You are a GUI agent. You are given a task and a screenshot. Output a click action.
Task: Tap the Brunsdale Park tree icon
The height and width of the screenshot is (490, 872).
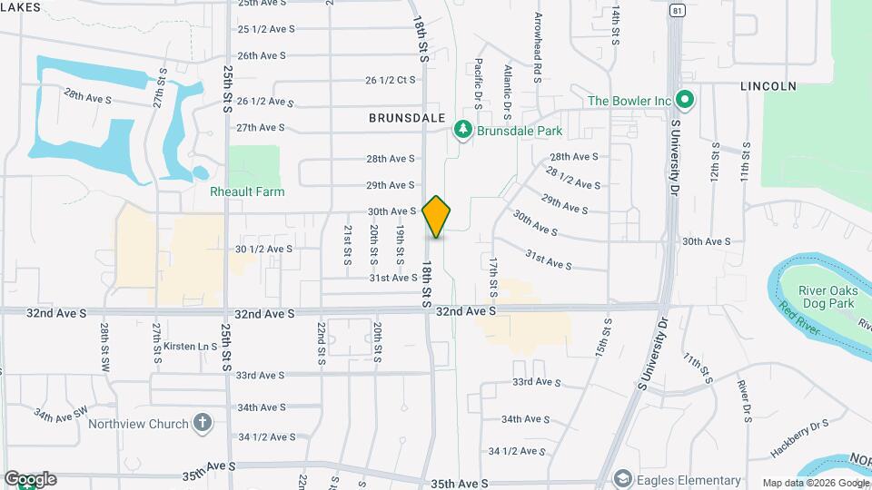[x=464, y=131]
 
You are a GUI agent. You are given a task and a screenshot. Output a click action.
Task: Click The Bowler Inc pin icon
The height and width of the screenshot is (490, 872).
[x=686, y=100]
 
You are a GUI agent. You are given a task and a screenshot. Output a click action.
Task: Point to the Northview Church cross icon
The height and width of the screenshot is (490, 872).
[x=202, y=423]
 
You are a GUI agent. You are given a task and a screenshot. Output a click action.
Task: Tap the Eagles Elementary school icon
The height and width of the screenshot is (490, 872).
[x=622, y=479]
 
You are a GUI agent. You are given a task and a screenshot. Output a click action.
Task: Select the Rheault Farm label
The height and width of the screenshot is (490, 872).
[x=247, y=191]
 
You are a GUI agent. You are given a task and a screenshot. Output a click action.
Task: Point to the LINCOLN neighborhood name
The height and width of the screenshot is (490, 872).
[x=768, y=86]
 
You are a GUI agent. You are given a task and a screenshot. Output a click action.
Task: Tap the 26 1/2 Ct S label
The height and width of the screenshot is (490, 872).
[x=390, y=80]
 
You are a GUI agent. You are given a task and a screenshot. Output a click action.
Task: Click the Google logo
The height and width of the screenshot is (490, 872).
[x=29, y=479]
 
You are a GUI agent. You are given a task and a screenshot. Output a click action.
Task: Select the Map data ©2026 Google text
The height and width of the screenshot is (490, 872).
[x=814, y=483]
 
